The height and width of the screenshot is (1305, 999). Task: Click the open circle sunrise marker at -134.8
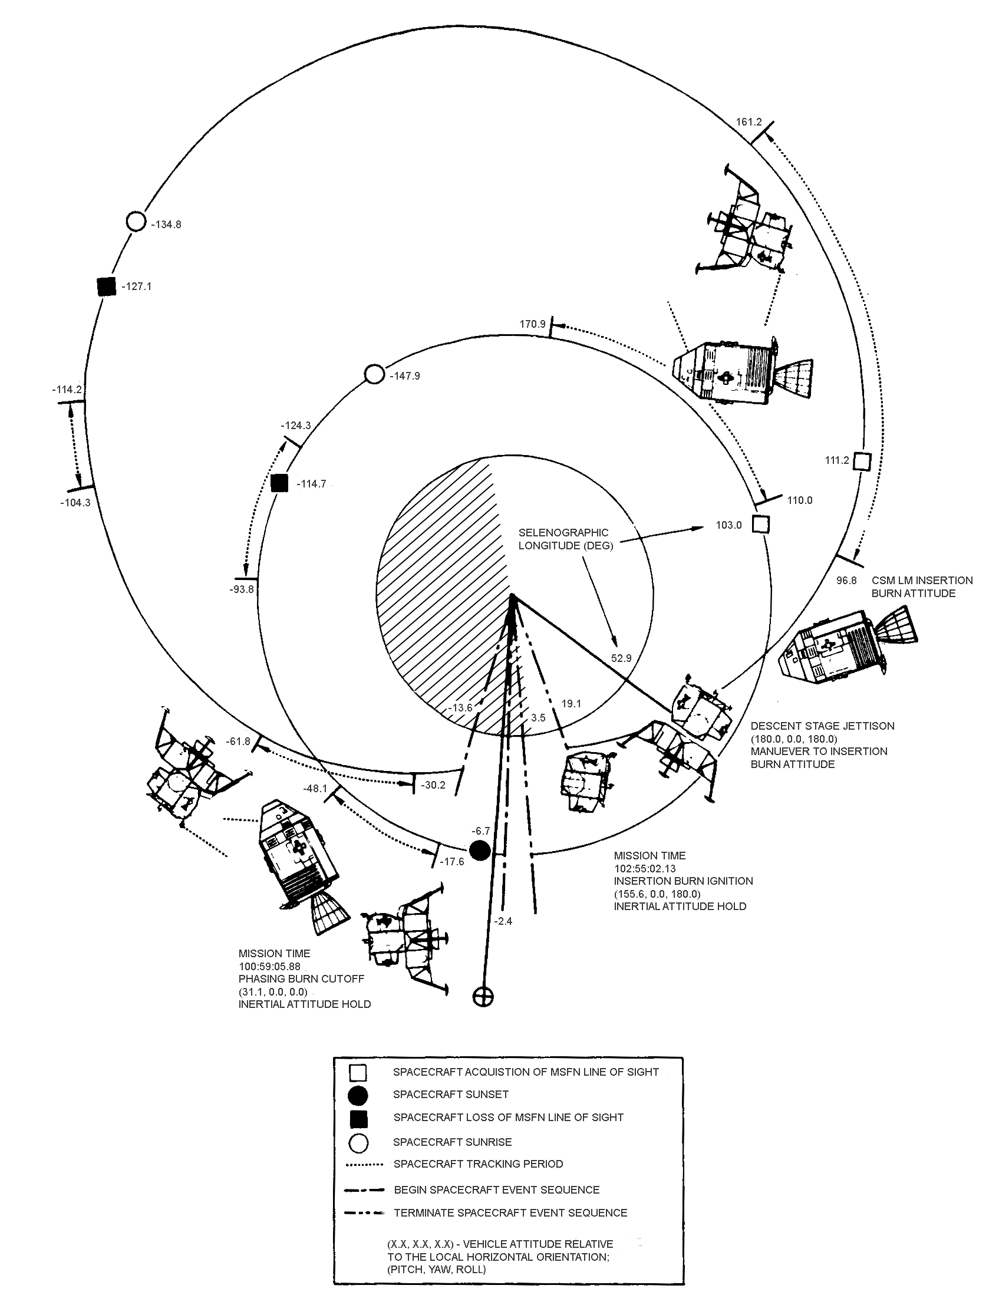[x=136, y=222]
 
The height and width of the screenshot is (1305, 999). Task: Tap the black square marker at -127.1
[x=107, y=286]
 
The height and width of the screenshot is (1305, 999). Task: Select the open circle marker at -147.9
[x=374, y=374]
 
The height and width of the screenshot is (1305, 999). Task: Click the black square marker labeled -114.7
[x=279, y=483]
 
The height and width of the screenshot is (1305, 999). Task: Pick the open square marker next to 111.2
[x=862, y=462]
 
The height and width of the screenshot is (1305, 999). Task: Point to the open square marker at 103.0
[x=760, y=525]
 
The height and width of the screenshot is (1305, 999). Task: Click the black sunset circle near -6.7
[x=480, y=851]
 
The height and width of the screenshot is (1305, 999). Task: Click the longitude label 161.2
[x=749, y=122]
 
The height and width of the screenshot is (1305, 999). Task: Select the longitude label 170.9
[x=532, y=324]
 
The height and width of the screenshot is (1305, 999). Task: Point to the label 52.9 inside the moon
[x=621, y=658]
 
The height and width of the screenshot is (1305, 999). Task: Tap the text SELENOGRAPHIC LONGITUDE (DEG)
[x=565, y=539]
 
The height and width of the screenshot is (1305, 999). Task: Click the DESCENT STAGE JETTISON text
[x=822, y=726]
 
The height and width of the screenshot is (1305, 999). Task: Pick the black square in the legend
[x=358, y=1119]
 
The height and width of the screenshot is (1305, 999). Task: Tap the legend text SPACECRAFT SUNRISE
[x=452, y=1142]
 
